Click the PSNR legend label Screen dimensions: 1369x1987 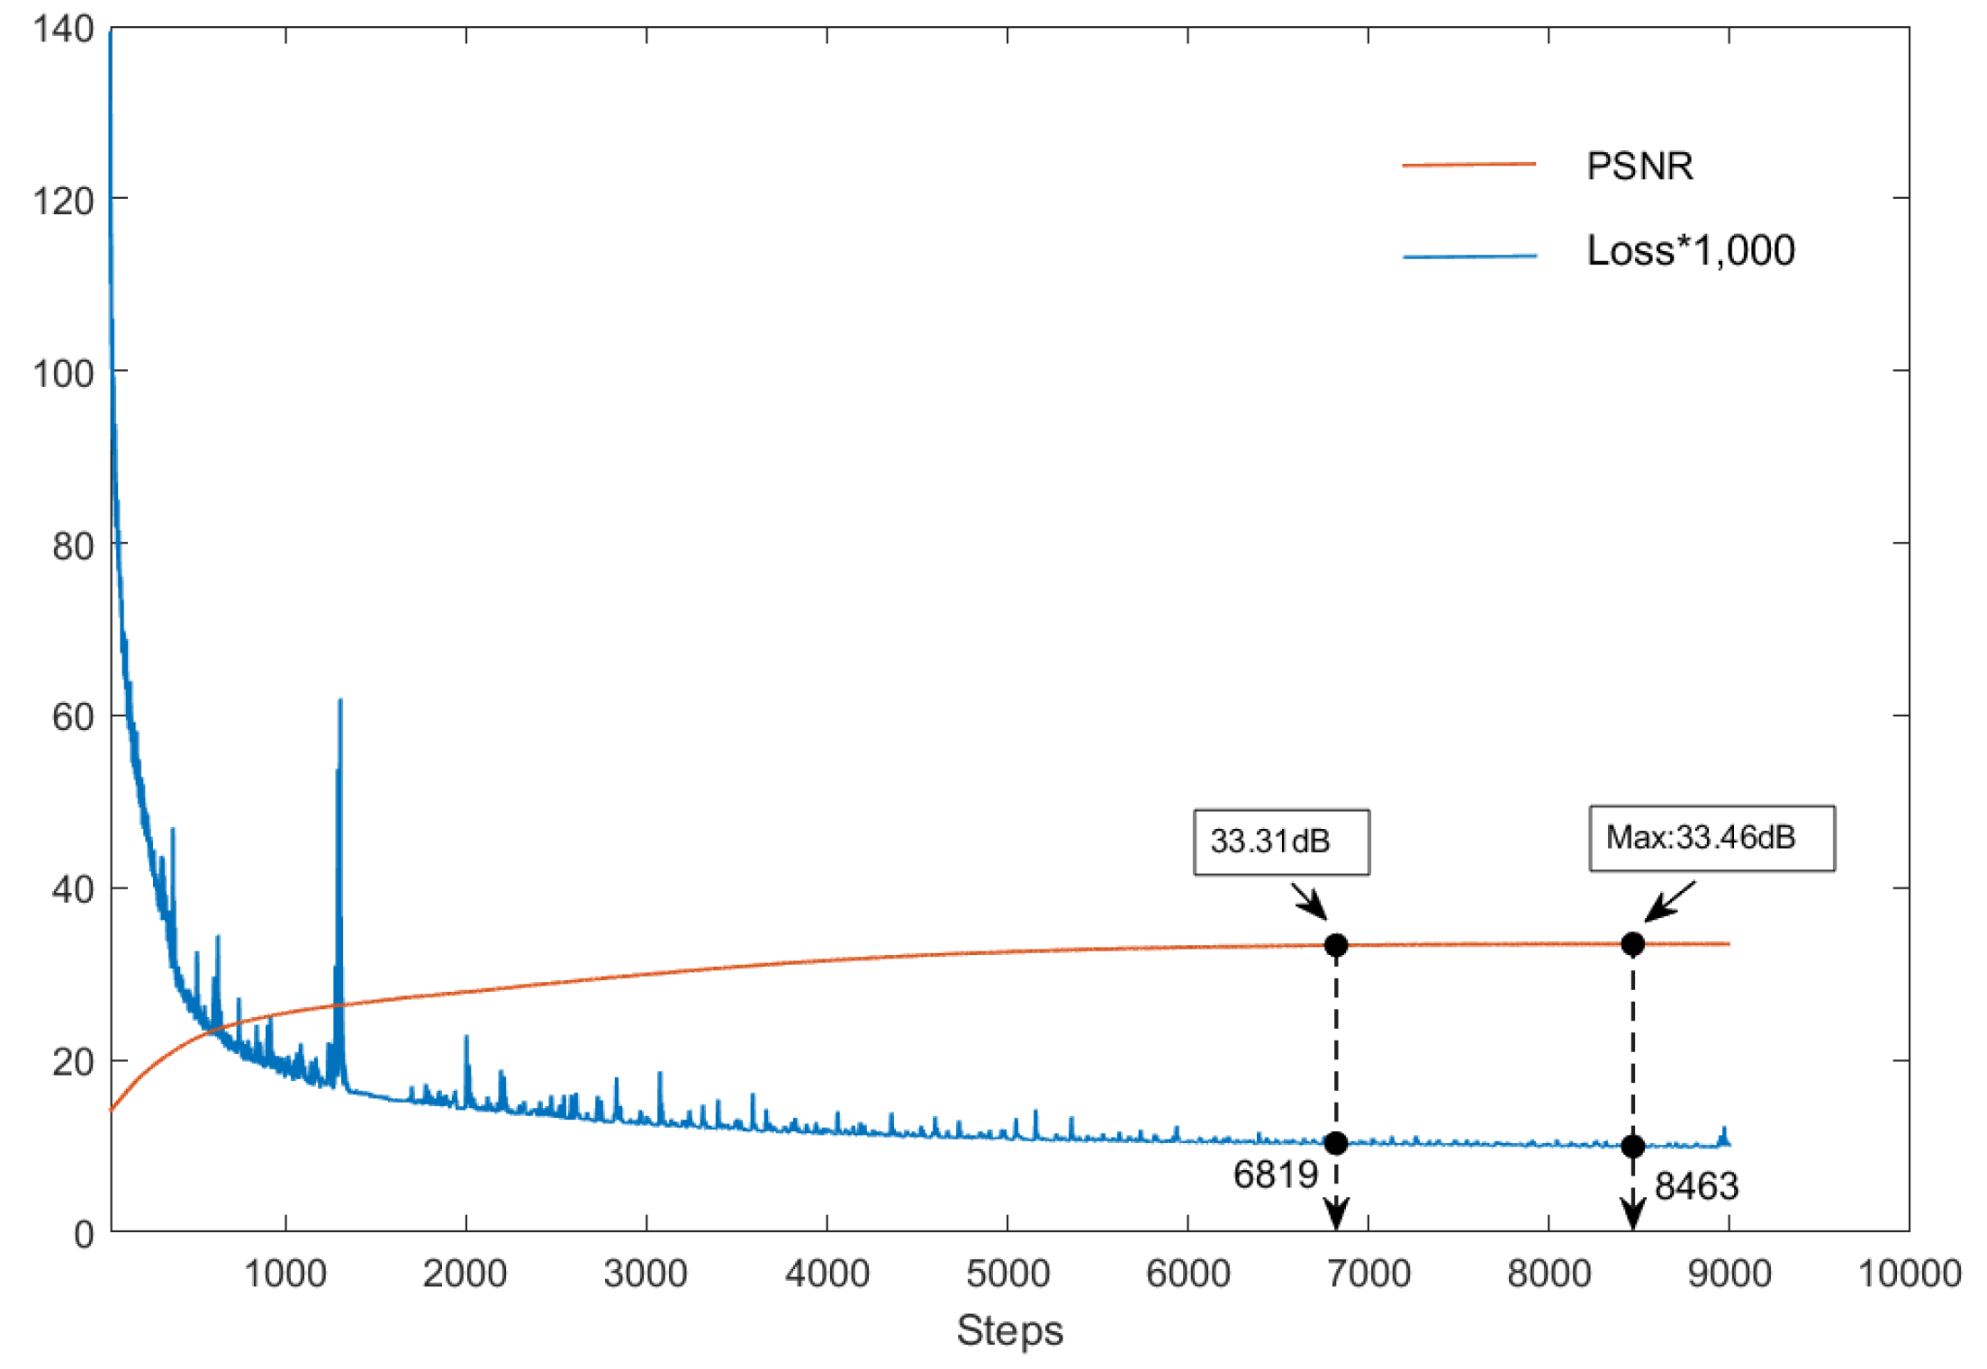[1639, 167]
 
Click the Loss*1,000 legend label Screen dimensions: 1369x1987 [1690, 250]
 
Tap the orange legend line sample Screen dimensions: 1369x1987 [1468, 165]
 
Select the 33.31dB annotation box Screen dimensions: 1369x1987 [1280, 842]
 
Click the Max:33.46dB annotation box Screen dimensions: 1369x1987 [1711, 838]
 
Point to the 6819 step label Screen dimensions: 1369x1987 [1275, 1175]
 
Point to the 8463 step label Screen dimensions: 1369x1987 [1696, 1186]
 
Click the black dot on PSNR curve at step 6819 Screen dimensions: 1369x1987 [1336, 945]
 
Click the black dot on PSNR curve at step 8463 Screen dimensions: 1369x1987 [1632, 944]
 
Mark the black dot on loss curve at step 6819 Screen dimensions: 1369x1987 [1336, 1143]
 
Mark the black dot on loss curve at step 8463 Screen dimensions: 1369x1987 [1632, 1146]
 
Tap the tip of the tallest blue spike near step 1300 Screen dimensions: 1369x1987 [340, 701]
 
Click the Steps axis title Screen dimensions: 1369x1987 [1009, 1330]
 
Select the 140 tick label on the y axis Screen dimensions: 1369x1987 [63, 30]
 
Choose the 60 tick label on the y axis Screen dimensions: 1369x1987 [73, 717]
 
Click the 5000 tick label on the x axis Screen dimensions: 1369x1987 [1007, 1274]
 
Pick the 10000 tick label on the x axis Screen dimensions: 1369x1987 [1910, 1274]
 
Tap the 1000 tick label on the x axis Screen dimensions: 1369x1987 [285, 1274]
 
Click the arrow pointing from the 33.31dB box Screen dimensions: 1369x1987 [1309, 901]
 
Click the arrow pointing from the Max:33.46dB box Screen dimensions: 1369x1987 [1670, 901]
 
